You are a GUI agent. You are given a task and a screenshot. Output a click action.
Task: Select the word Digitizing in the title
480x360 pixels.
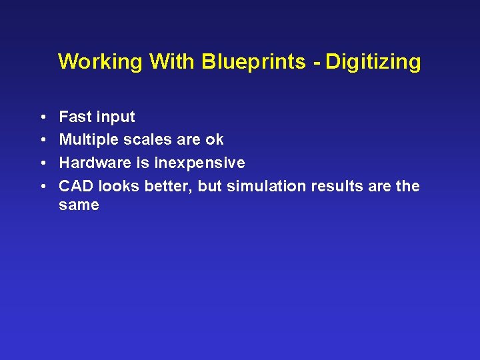point(373,62)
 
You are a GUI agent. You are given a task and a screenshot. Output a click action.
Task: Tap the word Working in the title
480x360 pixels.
point(100,62)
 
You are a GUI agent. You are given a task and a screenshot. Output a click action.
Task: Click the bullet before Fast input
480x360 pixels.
point(42,117)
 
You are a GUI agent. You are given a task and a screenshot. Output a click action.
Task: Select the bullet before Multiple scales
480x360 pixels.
point(42,140)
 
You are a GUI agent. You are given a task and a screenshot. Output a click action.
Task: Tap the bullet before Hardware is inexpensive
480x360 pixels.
point(42,163)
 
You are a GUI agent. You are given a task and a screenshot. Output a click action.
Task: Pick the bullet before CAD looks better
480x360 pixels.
point(42,187)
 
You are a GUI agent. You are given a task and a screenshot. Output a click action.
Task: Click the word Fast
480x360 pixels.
point(75,117)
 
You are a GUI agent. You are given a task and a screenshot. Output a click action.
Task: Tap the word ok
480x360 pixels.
point(214,140)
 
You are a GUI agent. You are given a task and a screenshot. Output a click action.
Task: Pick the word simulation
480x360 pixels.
point(267,186)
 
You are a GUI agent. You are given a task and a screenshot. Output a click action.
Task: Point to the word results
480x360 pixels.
point(335,186)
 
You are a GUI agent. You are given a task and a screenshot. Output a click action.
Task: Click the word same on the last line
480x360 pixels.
point(79,205)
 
